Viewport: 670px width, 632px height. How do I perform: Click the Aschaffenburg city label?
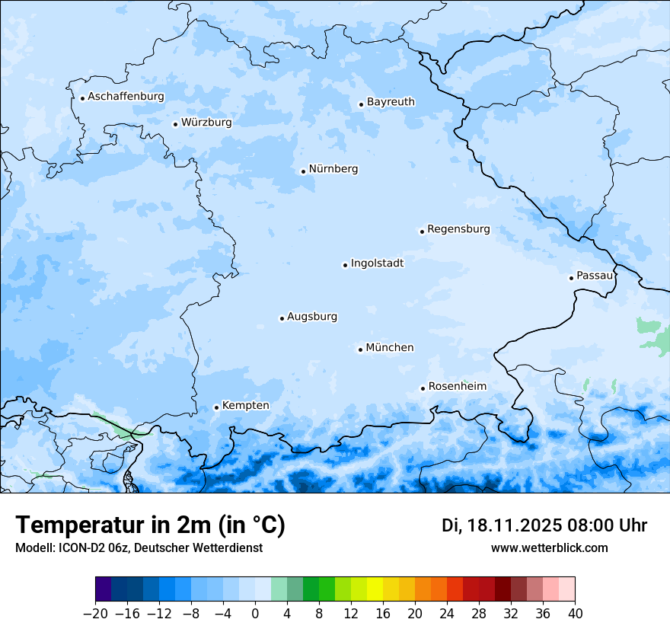[126, 97]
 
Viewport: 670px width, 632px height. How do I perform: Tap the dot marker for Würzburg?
[175, 124]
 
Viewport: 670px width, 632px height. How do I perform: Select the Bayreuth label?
[391, 102]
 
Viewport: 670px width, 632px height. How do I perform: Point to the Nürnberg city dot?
[303, 171]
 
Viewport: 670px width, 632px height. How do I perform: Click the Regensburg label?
[458, 229]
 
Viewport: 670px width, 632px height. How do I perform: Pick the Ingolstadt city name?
[377, 263]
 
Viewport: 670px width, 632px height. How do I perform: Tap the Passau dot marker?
[571, 278]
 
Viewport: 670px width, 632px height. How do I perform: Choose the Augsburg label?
[312, 317]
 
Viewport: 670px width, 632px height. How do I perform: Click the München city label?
[390, 348]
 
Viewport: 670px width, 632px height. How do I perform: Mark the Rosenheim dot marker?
[423, 388]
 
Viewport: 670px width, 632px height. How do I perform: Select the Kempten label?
[245, 406]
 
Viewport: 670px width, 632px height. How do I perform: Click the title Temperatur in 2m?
[150, 525]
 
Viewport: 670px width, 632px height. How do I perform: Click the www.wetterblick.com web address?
[549, 547]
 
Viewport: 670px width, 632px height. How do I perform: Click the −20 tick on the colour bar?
[94, 614]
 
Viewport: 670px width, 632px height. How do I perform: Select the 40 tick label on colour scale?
[575, 614]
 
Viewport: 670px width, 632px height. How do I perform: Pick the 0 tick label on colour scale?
[255, 614]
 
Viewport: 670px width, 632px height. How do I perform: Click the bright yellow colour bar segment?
[375, 589]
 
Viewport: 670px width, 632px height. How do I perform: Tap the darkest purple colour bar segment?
[103, 589]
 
